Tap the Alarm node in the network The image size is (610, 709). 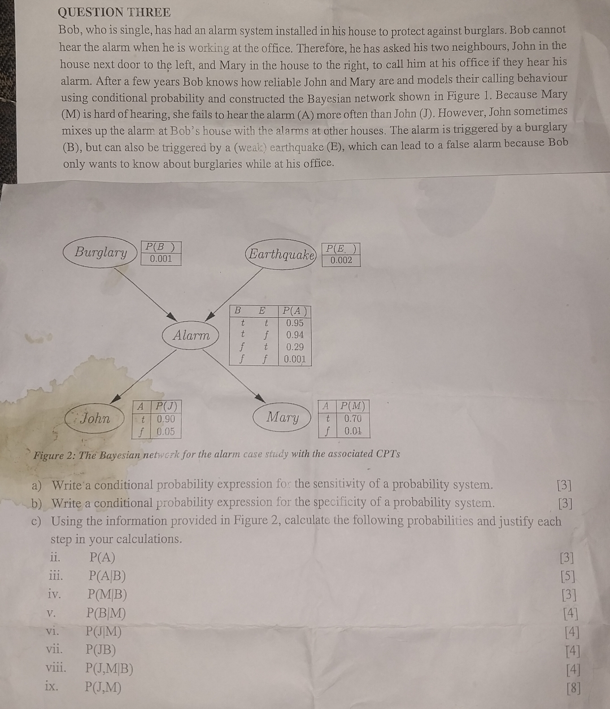191,335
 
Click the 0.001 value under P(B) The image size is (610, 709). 160,259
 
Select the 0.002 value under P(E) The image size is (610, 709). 341,260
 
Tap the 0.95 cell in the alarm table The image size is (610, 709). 295,323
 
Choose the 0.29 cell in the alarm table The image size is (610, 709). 295,347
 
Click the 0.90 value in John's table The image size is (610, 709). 166,419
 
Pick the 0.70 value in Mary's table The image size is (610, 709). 353,418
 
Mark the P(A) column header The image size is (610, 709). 294,311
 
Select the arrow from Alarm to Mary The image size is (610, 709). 234,376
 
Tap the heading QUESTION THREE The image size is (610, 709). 114,12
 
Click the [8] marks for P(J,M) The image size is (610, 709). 573,688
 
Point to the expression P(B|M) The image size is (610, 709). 106,612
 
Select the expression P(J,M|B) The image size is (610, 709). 109,668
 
